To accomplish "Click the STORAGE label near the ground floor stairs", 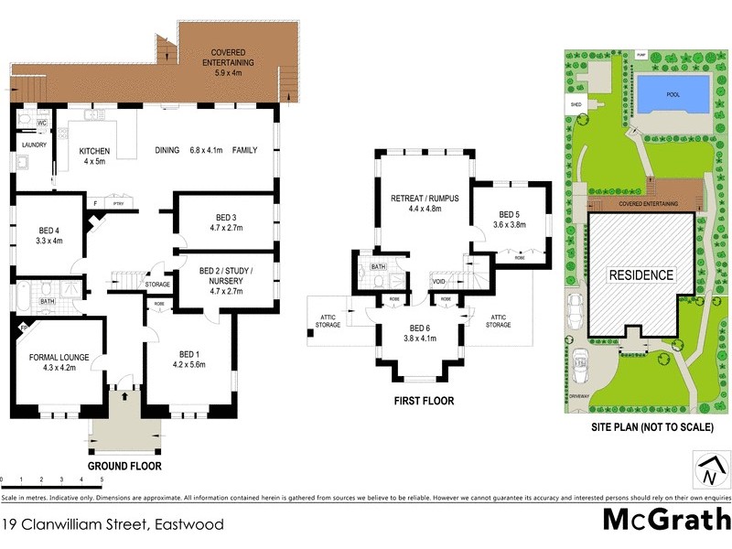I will click(x=157, y=285).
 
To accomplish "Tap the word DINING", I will click(x=167, y=150).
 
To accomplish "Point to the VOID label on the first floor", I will click(x=439, y=282).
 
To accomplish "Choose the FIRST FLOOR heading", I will click(x=425, y=401).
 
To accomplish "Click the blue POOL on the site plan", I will click(x=672, y=92).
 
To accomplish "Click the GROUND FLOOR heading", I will click(x=124, y=466).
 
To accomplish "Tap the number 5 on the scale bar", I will click(x=101, y=479).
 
